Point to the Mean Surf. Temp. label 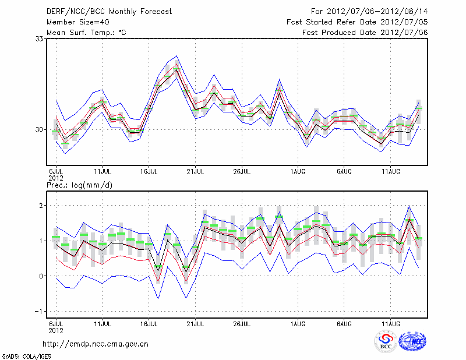pyautogui.click(x=86, y=32)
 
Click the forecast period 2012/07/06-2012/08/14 pyautogui.click(x=369, y=11)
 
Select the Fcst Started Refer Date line pyautogui.click(x=357, y=22)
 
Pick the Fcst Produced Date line pyautogui.click(x=365, y=32)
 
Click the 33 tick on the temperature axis pyautogui.click(x=40, y=38)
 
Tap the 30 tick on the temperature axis pyautogui.click(x=40, y=129)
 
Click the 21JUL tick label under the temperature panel pyautogui.click(x=196, y=172)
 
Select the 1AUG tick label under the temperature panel pyautogui.click(x=299, y=172)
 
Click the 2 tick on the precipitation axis pyautogui.click(x=42, y=205)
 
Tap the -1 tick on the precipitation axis pyautogui.click(x=40, y=311)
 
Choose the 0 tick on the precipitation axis pyautogui.click(x=42, y=276)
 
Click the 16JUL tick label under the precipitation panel pyautogui.click(x=150, y=323)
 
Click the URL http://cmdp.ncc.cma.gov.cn pyautogui.click(x=96, y=344)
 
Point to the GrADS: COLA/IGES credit pyautogui.click(x=26, y=355)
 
